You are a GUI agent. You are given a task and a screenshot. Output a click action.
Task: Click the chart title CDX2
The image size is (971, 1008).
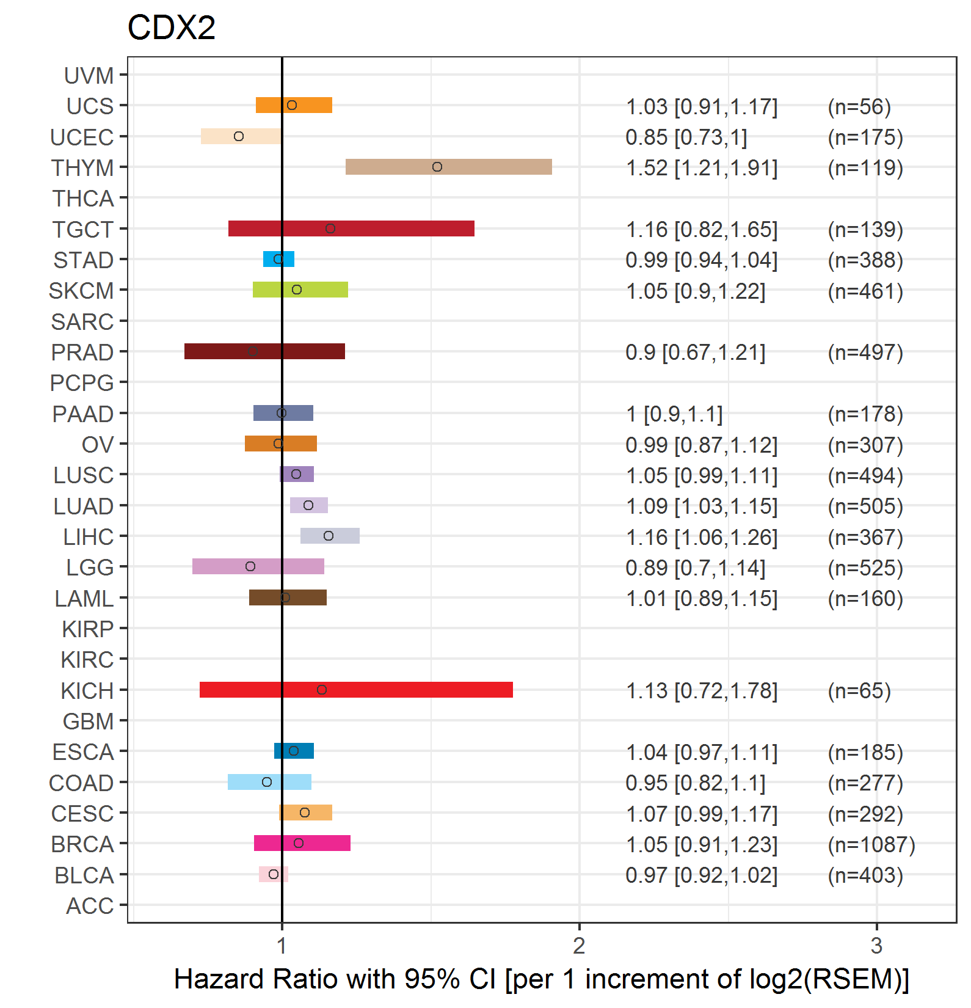pyautogui.click(x=172, y=27)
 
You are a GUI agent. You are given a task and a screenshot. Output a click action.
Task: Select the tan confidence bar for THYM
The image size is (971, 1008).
pyautogui.click(x=449, y=167)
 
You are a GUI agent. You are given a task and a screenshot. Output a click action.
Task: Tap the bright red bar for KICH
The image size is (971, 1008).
pyautogui.click(x=356, y=690)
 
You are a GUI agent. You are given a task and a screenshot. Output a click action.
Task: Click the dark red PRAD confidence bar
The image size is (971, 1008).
pyautogui.click(x=264, y=351)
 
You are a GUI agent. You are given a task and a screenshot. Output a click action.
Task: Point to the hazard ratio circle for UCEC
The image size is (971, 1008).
pyautogui.click(x=239, y=136)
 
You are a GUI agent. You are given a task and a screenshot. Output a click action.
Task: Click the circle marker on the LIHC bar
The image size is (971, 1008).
pyautogui.click(x=329, y=536)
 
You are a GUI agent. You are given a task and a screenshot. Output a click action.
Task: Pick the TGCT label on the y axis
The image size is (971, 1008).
pyautogui.click(x=83, y=230)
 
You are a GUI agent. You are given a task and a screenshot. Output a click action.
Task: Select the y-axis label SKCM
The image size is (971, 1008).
pyautogui.click(x=81, y=291)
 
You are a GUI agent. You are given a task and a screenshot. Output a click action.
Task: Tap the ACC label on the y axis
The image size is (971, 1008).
pyautogui.click(x=90, y=906)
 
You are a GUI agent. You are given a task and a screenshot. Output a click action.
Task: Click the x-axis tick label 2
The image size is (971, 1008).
pyautogui.click(x=579, y=946)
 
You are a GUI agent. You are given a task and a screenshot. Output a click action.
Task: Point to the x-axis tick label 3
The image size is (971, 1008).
pyautogui.click(x=876, y=946)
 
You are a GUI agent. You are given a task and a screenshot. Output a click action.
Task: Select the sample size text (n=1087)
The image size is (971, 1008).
pyautogui.click(x=871, y=844)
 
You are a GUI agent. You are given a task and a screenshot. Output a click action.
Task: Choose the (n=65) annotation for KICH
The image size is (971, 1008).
pyautogui.click(x=859, y=691)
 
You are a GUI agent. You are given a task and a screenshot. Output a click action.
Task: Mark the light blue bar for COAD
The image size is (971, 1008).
pyautogui.click(x=269, y=782)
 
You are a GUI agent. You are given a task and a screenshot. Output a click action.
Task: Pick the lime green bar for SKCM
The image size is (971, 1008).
pyautogui.click(x=300, y=290)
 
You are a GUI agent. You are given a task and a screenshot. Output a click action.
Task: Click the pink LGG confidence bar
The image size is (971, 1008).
pyautogui.click(x=258, y=566)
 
